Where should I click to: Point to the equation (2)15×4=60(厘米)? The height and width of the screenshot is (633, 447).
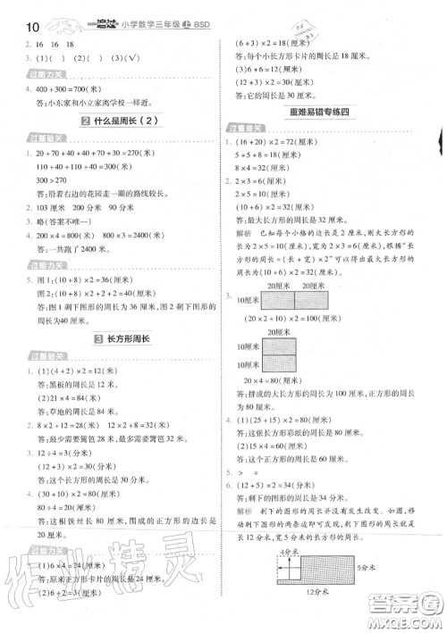(x=283, y=446)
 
